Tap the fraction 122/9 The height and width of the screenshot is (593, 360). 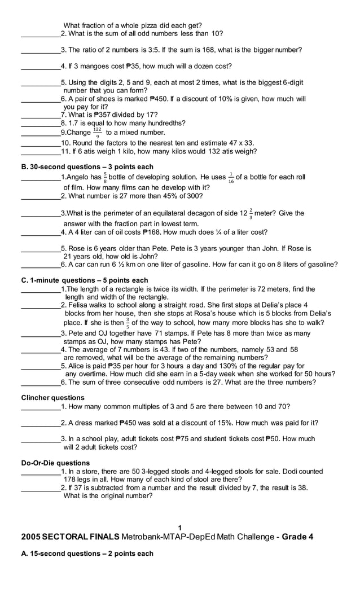98,133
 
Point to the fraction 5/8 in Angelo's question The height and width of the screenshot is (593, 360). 104,178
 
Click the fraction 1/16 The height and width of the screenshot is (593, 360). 230,178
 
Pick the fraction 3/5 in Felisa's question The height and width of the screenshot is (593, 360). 128,323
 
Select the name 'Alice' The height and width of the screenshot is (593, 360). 76,366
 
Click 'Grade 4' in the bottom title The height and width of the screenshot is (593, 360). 297,537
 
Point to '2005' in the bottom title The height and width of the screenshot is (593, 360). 31,537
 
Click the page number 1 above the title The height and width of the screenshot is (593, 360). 179,528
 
